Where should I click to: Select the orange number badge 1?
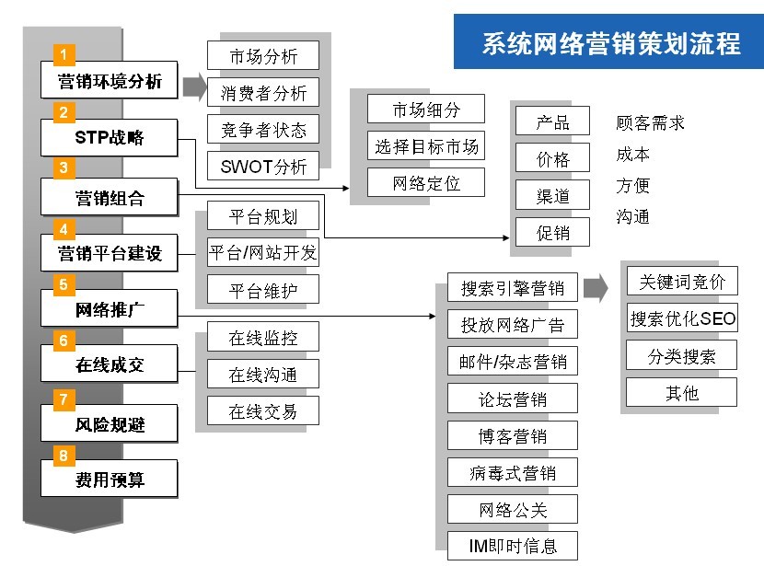coord(64,52)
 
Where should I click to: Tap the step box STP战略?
coord(110,139)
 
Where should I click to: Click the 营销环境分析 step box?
coord(110,81)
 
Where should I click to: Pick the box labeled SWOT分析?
coord(263,167)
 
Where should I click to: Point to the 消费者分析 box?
coord(263,92)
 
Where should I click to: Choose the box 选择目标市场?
coord(426,146)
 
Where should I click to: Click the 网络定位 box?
coord(426,183)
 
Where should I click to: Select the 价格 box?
coord(553,159)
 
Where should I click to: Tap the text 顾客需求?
coord(650,123)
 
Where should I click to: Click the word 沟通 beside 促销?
coord(632,217)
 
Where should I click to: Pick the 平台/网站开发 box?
coord(263,253)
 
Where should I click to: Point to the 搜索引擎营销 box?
coord(513,288)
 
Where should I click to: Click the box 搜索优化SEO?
coord(683,318)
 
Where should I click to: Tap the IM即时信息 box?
coord(513,547)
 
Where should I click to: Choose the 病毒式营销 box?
coord(513,473)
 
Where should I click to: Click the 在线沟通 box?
coord(263,375)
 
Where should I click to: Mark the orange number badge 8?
coord(64,456)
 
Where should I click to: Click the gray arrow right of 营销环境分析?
coord(194,87)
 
